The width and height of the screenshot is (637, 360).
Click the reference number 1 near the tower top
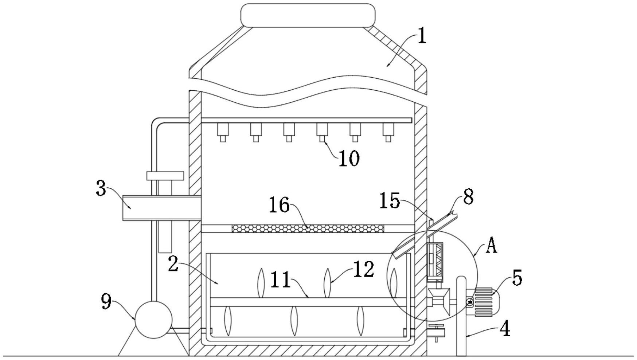(422, 37)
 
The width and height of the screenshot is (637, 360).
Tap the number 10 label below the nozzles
(349, 159)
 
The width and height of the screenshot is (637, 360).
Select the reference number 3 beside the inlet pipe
(101, 189)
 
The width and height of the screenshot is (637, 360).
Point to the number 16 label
(279, 205)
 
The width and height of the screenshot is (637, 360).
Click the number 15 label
(390, 201)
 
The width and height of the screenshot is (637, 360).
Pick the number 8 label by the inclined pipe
(468, 197)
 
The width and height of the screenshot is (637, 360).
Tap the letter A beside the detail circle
(492, 246)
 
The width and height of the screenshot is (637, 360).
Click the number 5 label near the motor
(517, 278)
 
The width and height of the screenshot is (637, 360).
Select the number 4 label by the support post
(505, 329)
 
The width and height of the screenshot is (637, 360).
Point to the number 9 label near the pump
(106, 302)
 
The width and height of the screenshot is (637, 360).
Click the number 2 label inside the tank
(173, 264)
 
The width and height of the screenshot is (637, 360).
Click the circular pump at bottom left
(153, 320)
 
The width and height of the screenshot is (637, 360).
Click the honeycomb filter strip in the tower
(308, 228)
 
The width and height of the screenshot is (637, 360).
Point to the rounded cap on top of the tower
(308, 15)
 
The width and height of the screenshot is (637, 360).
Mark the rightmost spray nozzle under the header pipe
(388, 132)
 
